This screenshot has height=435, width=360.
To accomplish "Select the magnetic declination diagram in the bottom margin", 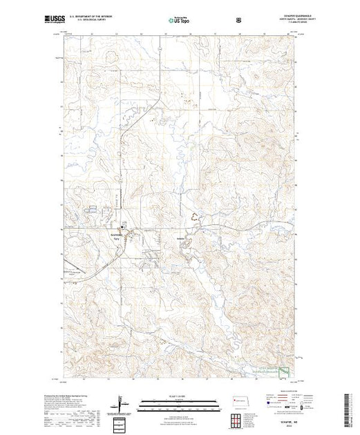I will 120,402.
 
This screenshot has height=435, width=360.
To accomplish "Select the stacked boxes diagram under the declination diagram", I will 120,423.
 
